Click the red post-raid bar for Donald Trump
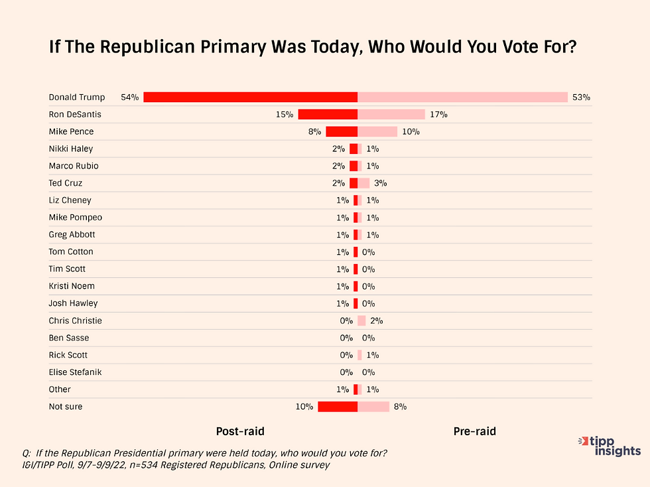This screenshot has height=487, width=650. pos(250,97)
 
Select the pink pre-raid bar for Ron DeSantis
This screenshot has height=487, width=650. pos(391,114)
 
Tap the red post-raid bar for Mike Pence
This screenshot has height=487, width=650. pos(342,131)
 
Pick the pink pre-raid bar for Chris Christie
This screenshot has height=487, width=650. pos(361,320)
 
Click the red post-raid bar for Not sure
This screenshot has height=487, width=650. pos(338,407)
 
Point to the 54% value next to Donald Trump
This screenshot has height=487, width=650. pos(130,98)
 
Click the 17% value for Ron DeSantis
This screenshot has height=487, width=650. pos(438,115)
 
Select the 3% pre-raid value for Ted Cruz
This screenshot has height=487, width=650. pos(381,183)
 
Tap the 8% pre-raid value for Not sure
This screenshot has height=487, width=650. pos(400,407)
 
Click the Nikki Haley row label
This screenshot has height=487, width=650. pos(71,149)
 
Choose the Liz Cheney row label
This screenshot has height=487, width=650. pos(70,200)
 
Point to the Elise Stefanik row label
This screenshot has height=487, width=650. pos(75,372)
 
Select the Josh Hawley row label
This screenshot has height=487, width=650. pos(73,303)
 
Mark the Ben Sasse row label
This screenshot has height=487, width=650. pos(69,338)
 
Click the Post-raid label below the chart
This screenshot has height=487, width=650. pos(240,431)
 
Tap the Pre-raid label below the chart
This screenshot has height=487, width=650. pos(474,431)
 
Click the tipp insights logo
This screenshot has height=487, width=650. pos(610,446)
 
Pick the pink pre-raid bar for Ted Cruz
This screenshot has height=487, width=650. pos(363,183)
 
